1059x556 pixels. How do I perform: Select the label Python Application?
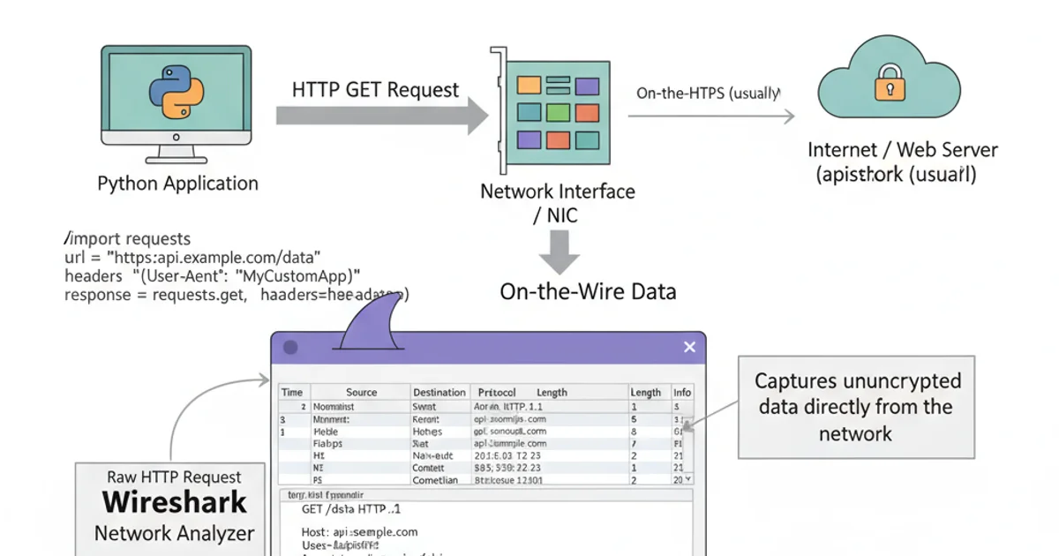(177, 184)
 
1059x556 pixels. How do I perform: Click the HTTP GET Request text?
(375, 90)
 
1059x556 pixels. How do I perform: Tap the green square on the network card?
(559, 112)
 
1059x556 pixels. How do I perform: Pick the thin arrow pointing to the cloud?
(710, 116)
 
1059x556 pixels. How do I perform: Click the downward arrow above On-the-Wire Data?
(559, 251)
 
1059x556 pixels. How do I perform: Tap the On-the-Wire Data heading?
(588, 291)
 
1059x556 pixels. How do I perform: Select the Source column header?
(361, 392)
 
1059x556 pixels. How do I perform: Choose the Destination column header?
(439, 392)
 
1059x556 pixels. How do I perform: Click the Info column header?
(682, 392)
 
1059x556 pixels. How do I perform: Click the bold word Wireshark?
(174, 503)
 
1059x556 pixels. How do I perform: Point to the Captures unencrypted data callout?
(855, 407)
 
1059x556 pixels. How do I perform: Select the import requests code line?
(128, 239)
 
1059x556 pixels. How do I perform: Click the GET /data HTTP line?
(351, 509)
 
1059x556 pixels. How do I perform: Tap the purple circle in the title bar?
(290, 348)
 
